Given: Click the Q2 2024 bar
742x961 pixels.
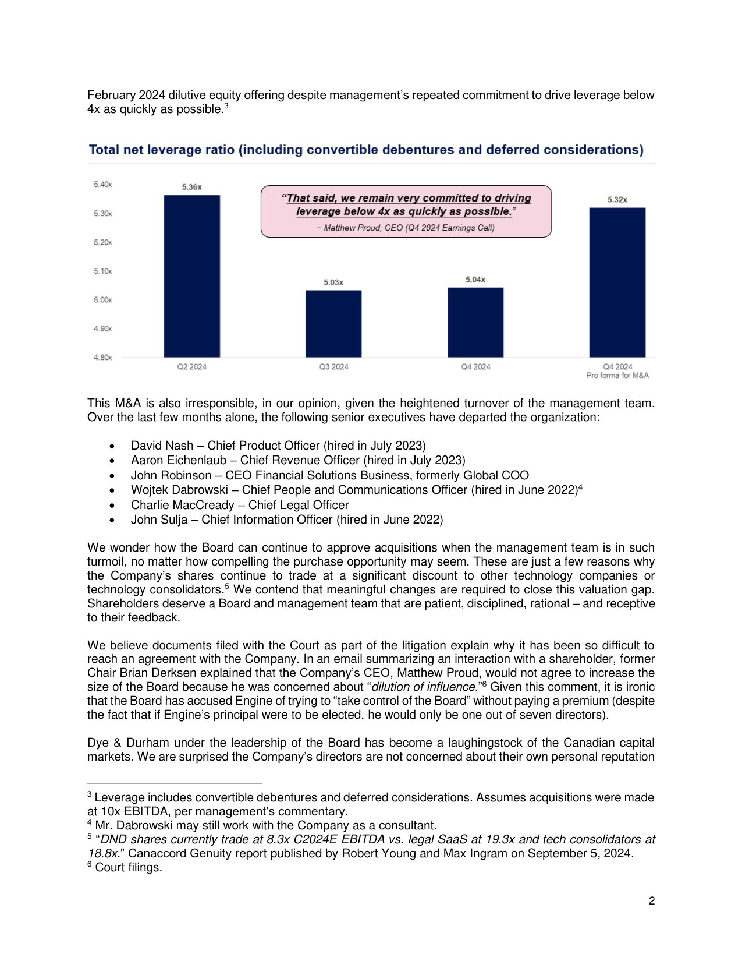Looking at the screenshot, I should [191, 276].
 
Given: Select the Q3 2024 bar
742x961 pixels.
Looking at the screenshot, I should [333, 324].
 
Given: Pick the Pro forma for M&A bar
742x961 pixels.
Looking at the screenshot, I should [617, 282].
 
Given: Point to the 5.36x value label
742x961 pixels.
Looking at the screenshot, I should [191, 187].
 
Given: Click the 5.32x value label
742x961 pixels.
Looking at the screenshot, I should [617, 200].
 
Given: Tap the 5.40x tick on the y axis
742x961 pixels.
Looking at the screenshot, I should [102, 185].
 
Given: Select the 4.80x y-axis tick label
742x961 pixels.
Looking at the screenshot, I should [102, 358].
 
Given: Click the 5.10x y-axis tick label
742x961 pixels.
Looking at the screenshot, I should [102, 271].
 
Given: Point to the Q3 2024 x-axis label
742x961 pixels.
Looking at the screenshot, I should [333, 367].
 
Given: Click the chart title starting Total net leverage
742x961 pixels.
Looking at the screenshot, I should [366, 150].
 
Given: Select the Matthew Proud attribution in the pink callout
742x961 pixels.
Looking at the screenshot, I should [406, 228].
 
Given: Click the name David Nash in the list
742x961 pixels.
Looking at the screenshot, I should [162, 446].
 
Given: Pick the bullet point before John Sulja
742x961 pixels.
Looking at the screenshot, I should [112, 520].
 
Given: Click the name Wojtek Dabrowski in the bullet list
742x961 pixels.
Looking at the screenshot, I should [179, 490].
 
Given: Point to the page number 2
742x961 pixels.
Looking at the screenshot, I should [651, 901].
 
